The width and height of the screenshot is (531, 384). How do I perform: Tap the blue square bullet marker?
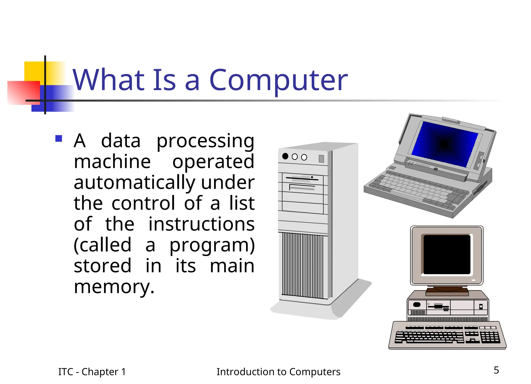(x=59, y=138)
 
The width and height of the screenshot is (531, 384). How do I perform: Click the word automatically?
(x=134, y=183)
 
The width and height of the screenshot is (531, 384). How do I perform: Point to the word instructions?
(x=201, y=224)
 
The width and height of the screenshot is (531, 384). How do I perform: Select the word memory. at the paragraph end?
(x=114, y=287)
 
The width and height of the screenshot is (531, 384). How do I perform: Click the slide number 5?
(x=496, y=370)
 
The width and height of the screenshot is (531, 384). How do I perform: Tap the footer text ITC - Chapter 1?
(x=92, y=372)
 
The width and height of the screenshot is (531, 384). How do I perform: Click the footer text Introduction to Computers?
(x=278, y=372)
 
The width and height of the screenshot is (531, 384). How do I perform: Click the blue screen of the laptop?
(x=445, y=144)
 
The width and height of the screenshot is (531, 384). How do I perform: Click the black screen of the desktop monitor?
(x=447, y=254)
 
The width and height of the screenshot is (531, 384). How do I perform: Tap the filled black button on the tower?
(x=285, y=156)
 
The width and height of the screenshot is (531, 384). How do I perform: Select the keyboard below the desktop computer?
(x=447, y=336)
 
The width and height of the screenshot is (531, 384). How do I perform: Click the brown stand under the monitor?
(x=447, y=292)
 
